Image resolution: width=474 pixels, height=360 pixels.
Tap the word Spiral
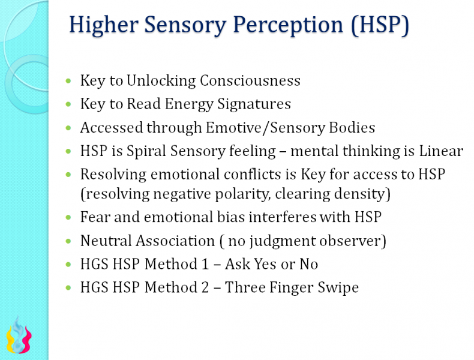(142, 151)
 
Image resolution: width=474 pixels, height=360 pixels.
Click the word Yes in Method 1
(263, 264)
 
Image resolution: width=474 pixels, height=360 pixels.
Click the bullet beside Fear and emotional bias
(68, 217)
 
